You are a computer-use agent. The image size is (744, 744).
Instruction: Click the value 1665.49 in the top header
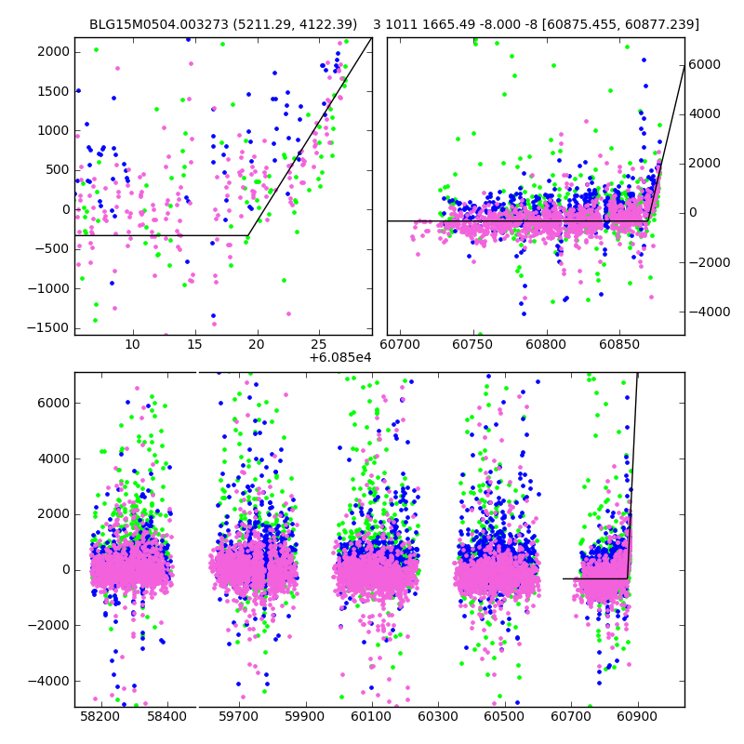(x=456, y=24)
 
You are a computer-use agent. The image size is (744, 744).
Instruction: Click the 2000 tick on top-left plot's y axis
(x=53, y=51)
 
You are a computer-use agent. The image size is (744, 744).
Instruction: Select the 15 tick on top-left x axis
(x=194, y=345)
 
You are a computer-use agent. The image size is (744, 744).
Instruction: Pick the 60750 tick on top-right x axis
(x=473, y=345)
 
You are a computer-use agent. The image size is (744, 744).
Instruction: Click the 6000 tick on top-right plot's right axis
(x=704, y=64)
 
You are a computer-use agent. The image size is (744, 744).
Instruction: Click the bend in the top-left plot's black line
(x=247, y=235)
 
